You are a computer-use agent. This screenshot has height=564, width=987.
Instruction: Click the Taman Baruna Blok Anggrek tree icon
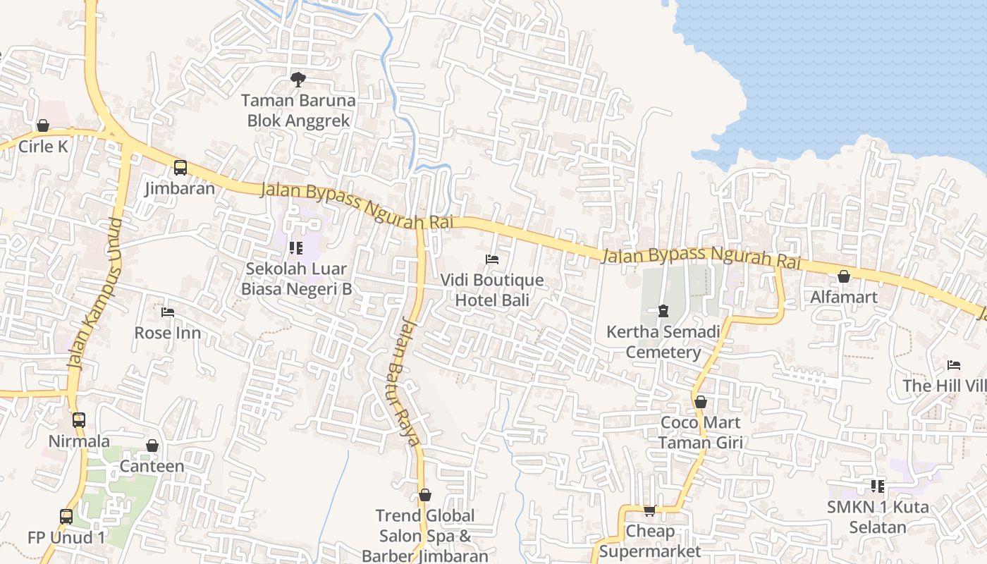298,79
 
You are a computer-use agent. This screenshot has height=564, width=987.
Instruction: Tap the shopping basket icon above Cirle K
43,125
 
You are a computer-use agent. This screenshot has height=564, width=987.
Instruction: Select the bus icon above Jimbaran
180,168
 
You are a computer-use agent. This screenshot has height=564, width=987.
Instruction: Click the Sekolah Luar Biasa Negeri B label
296,278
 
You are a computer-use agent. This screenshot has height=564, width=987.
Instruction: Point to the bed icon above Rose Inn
168,312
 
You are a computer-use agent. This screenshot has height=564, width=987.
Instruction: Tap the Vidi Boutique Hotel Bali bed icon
492,259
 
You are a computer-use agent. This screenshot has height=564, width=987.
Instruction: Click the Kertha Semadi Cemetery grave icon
663,310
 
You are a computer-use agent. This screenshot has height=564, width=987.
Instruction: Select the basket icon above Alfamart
844,276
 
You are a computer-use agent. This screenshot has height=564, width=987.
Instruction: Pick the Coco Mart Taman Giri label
700,432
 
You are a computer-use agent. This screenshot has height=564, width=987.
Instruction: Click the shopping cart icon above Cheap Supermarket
649,510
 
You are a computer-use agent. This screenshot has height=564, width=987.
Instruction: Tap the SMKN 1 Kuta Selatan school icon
878,486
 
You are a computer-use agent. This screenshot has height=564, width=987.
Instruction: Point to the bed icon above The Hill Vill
954,365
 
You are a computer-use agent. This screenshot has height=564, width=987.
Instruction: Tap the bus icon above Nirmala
79,420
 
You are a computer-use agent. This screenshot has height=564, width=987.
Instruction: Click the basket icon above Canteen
152,446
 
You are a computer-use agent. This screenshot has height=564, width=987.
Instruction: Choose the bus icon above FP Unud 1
66,516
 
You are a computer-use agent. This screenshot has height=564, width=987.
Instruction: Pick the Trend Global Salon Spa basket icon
425,495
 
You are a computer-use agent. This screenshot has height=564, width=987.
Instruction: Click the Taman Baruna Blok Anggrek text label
298,111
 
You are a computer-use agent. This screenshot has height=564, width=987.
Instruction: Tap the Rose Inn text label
168,333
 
